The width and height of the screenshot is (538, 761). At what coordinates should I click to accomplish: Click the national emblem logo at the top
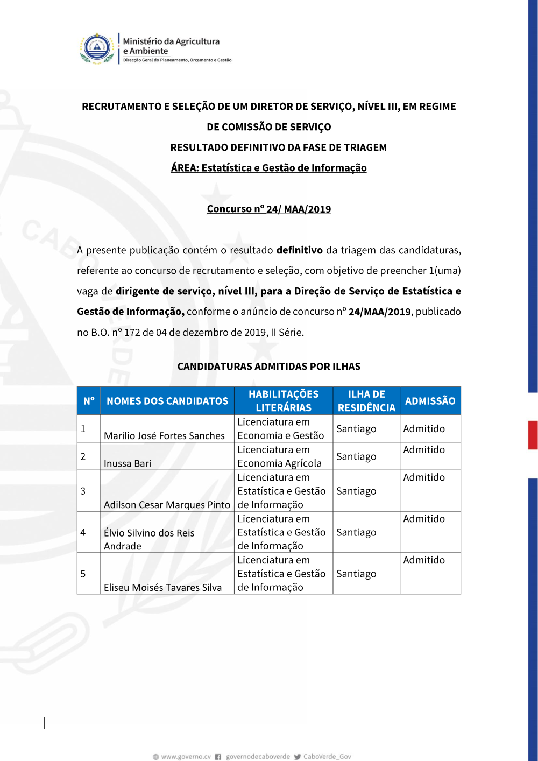tap(97, 48)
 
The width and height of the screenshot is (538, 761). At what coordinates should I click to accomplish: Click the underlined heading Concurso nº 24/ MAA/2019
tap(268, 209)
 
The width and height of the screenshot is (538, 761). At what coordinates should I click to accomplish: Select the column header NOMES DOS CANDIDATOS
tap(167, 401)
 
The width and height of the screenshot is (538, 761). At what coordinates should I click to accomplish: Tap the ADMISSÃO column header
tap(430, 401)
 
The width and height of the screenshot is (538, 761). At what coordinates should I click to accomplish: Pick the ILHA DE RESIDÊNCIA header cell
tap(366, 401)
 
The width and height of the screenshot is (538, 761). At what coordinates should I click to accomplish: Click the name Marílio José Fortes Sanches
tap(164, 436)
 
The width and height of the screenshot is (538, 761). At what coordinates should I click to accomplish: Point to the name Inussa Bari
tap(128, 463)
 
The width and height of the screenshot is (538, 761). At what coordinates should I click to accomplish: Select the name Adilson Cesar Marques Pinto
tap(167, 505)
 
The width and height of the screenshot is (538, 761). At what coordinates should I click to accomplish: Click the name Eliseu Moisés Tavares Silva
tap(162, 588)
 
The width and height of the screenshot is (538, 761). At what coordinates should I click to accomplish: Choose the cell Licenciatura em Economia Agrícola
tap(280, 456)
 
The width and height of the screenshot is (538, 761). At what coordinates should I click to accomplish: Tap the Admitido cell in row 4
tap(424, 519)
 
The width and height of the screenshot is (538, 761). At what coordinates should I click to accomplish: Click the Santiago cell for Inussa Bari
tap(356, 456)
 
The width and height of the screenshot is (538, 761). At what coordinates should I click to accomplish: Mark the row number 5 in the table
tap(83, 574)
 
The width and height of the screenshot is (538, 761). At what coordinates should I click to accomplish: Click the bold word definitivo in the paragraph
tap(299, 250)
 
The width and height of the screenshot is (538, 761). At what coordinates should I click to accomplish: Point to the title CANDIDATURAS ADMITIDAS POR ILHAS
tap(269, 367)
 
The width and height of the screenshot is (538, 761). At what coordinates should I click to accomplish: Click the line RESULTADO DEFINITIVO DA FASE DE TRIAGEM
tap(278, 147)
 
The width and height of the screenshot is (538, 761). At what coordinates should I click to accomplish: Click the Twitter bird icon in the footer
tap(297, 757)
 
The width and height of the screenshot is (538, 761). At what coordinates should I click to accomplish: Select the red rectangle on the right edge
tap(533, 435)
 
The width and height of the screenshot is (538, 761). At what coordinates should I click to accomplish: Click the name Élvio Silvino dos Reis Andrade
tap(149, 539)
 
